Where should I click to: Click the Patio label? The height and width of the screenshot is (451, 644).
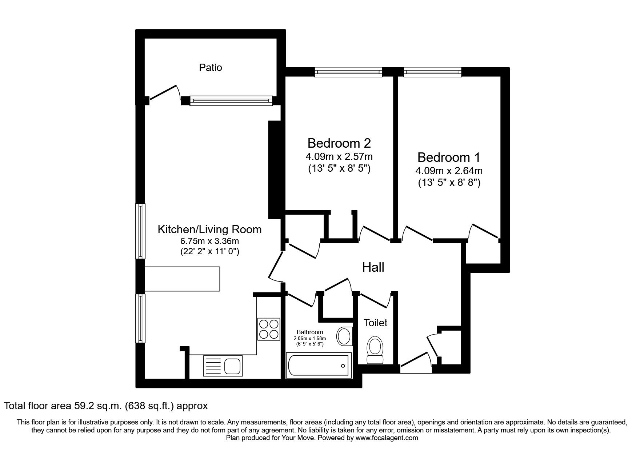pos(210,68)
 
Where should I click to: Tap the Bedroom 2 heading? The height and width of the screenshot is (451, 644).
pos(339,143)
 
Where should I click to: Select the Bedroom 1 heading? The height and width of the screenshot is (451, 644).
pos(449,157)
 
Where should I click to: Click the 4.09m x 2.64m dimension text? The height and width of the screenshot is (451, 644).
pos(449,171)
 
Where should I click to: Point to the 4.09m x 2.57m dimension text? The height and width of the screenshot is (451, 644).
pos(339,157)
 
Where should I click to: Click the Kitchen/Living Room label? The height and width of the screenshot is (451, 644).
pos(209,230)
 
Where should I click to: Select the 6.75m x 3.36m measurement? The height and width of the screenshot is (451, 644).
pos(209,241)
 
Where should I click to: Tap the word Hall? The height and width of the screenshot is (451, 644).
pos(373,268)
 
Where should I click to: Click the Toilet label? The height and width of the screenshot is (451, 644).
pos(376,323)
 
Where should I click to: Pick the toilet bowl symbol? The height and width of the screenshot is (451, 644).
pos(375,350)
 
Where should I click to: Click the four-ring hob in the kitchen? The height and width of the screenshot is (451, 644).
pos(269,329)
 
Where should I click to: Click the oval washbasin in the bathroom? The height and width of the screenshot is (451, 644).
pos(344,336)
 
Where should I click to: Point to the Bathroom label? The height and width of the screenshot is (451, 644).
pos(310,332)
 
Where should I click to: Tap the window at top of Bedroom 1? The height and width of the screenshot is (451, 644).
pos(432,72)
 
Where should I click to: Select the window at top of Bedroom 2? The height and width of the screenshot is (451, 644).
pos(348,72)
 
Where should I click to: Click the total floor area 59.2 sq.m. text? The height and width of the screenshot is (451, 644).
pos(106,406)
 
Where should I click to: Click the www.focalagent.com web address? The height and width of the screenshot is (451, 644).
pos(387,438)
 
